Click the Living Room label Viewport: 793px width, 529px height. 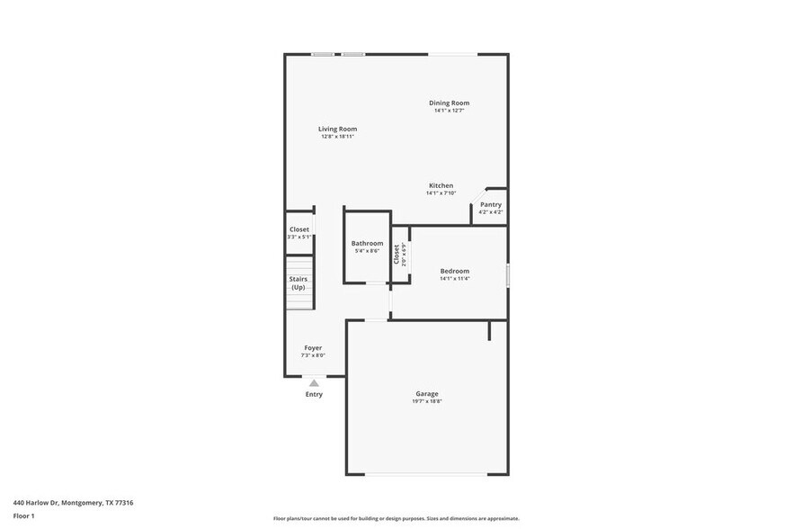pyautogui.click(x=337, y=129)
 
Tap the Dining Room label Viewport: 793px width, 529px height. pyautogui.click(x=449, y=103)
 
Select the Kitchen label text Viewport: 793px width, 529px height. pyautogui.click(x=441, y=185)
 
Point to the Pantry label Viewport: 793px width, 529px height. pyautogui.click(x=490, y=204)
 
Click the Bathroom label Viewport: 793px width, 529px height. pyautogui.click(x=367, y=243)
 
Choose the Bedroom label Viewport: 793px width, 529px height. pyautogui.click(x=454, y=271)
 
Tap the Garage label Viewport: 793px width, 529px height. pyautogui.click(x=427, y=393)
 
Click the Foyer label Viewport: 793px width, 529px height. pyautogui.click(x=313, y=347)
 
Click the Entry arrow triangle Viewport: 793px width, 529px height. pyautogui.click(x=314, y=383)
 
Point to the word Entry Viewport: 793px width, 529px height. pyautogui.click(x=314, y=394)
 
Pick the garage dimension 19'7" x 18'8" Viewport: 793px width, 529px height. pyautogui.click(x=427, y=401)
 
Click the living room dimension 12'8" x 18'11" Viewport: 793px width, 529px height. pyautogui.click(x=337, y=137)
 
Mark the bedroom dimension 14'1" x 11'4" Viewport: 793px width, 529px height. pyautogui.click(x=454, y=279)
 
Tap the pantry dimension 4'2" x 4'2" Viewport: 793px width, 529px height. pyautogui.click(x=490, y=212)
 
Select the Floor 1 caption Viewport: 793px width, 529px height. pyautogui.click(x=23, y=516)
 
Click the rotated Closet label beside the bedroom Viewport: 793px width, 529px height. pyautogui.click(x=396, y=255)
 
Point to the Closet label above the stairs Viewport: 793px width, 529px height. pyautogui.click(x=299, y=229)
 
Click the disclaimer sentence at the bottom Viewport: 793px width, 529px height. pyautogui.click(x=396, y=519)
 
